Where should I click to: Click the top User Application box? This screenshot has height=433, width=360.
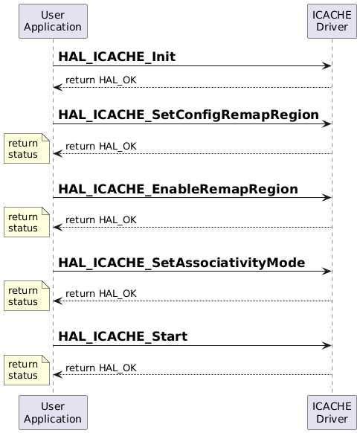[x=53, y=21]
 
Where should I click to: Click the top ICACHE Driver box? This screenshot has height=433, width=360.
[x=332, y=21]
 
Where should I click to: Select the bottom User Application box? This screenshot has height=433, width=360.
[x=53, y=412]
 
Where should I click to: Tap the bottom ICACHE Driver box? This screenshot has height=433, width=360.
[x=332, y=412]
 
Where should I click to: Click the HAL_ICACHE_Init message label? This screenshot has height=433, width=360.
[x=117, y=57]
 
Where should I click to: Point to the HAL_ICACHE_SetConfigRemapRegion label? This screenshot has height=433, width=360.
[x=188, y=115]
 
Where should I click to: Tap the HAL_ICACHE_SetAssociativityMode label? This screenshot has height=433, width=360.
[x=181, y=263]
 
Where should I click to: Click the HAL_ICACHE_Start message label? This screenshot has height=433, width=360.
[x=123, y=336]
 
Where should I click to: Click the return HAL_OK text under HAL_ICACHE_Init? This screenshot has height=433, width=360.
[x=100, y=80]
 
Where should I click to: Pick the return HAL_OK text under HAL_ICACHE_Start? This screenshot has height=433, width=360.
[x=100, y=368]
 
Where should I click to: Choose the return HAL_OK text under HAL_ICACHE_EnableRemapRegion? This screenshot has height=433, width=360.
[x=100, y=219]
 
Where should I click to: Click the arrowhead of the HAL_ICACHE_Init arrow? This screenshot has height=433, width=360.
[x=327, y=66]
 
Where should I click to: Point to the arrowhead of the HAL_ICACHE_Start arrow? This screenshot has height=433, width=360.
[x=327, y=346]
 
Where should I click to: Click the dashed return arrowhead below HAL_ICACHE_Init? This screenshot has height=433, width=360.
[x=57, y=88]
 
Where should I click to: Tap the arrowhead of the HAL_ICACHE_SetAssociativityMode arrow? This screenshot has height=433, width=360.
[x=327, y=272]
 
